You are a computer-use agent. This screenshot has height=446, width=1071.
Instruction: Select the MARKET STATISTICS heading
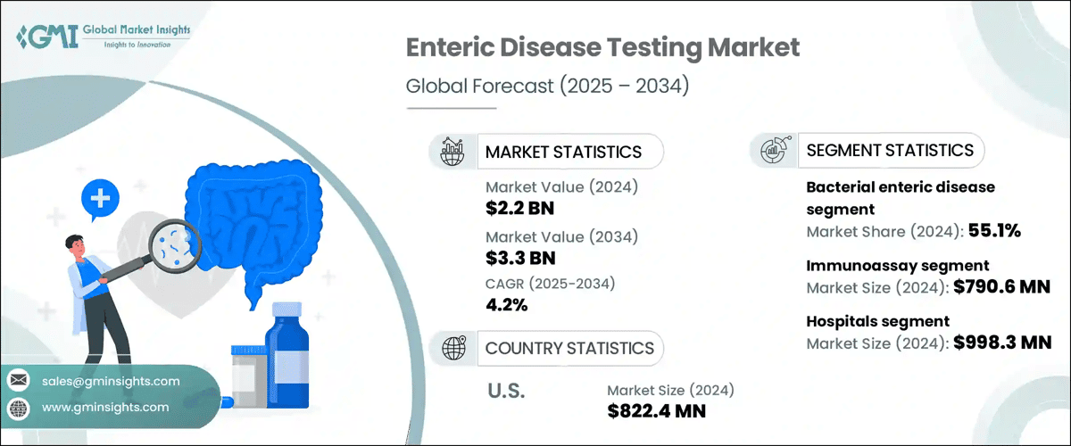click(563, 152)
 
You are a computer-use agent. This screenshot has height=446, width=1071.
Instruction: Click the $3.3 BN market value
click(520, 259)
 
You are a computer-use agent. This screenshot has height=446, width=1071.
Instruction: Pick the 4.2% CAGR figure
click(506, 306)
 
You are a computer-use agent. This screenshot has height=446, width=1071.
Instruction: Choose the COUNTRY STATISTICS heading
click(569, 348)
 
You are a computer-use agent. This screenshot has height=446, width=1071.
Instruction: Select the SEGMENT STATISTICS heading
click(889, 150)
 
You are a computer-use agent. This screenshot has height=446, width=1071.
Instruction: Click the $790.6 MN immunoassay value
click(1000, 286)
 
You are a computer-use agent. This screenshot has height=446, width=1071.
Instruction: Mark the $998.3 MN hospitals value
click(1000, 343)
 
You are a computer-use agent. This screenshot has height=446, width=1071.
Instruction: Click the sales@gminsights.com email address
click(111, 381)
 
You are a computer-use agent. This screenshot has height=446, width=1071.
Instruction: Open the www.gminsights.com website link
click(105, 407)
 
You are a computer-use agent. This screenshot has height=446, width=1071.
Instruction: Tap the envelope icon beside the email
click(18, 381)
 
